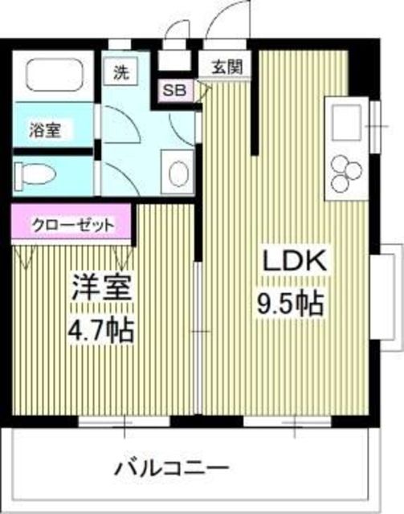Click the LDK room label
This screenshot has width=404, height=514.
[291, 263]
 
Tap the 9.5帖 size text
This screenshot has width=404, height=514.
[290, 304]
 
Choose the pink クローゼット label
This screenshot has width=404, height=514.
[73, 224]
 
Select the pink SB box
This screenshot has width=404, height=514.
[173, 90]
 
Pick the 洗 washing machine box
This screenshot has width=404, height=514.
[120, 71]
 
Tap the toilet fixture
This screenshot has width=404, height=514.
[35, 172]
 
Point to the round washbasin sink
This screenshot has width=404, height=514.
[178, 170]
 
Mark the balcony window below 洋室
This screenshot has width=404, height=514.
[125, 420]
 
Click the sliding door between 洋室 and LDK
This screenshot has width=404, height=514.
[198, 329]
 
